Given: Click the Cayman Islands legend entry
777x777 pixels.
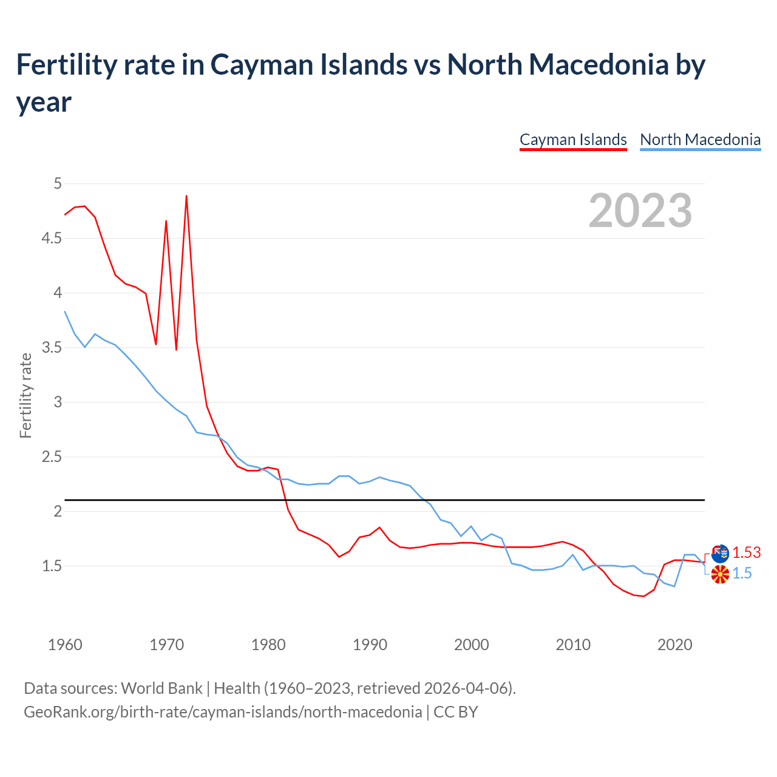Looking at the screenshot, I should point(573,140).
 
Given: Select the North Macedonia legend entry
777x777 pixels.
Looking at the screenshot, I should point(700,140).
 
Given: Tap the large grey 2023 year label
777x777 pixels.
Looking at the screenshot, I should point(640,211).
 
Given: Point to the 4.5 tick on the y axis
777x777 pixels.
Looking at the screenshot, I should point(52,239).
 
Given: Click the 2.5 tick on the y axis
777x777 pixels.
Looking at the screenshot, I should point(52,456).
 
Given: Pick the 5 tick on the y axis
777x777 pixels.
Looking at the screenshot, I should point(58,183).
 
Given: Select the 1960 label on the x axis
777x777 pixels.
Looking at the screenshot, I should point(65,645).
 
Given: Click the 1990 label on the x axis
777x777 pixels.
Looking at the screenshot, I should point(370,645).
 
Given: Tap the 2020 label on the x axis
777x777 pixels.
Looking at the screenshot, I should point(674,645).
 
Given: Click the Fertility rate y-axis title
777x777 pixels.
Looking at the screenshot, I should point(25,395).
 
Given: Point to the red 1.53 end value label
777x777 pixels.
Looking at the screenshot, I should point(746,552).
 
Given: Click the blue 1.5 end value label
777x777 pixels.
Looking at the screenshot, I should point(742,573).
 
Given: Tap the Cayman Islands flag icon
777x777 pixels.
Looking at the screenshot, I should point(720,554).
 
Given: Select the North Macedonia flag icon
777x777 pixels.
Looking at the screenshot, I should point(720,574).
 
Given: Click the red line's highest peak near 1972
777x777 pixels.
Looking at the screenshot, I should point(186,196).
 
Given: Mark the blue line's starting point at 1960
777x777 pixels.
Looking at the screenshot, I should point(65,312).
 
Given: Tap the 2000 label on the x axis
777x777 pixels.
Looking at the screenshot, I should point(471,645).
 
